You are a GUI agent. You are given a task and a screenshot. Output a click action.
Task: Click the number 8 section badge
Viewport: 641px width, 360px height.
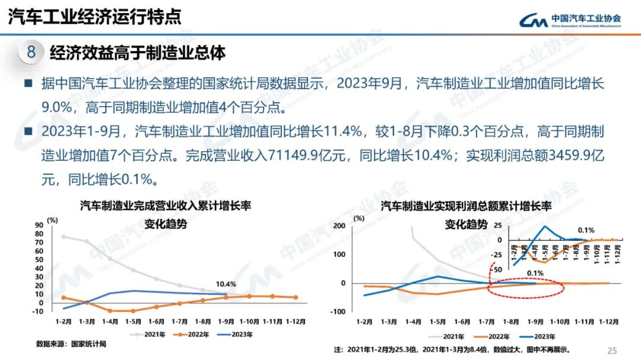(31, 52)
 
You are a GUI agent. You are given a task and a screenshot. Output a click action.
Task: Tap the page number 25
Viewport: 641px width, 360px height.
(613, 351)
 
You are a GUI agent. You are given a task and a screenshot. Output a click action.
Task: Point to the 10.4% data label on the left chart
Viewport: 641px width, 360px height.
(225, 284)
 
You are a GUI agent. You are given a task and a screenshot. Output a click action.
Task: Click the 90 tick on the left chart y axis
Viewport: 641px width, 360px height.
(40, 225)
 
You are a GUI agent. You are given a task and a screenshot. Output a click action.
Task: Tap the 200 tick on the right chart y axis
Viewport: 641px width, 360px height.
(340, 226)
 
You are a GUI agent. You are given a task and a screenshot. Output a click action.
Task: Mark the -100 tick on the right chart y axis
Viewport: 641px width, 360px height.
(338, 311)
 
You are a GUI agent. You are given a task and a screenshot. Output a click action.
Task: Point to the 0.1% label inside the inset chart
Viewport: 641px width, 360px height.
(586, 230)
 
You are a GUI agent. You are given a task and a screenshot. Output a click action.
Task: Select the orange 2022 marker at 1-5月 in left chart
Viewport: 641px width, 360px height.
(134, 311)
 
